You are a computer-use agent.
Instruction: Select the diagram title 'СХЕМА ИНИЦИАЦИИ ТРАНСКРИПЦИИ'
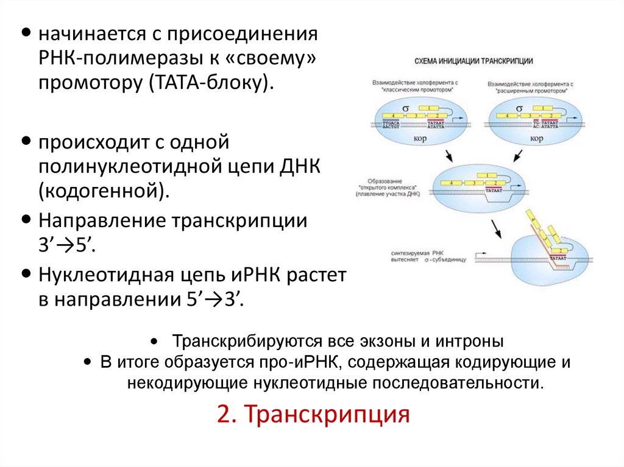474,61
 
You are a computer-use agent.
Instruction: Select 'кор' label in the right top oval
537,138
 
